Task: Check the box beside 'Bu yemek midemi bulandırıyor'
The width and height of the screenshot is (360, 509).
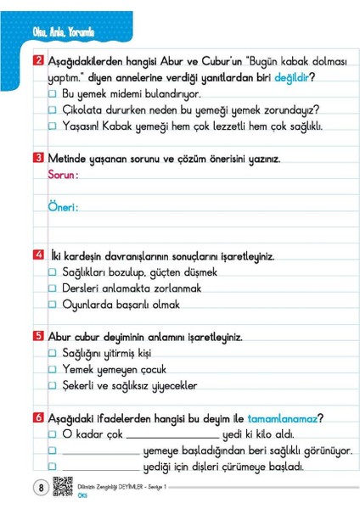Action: [53, 94]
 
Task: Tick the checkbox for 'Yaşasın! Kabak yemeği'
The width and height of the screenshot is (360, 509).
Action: [53, 126]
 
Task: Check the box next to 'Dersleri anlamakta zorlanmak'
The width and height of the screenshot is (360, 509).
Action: [53, 288]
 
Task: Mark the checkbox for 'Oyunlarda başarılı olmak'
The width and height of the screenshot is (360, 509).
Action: [53, 305]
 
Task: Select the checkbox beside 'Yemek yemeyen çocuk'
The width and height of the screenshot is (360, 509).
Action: [53, 370]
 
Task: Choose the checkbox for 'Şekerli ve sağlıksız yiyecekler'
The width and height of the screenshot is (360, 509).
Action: [53, 386]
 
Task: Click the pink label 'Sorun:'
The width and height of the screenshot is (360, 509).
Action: [63, 175]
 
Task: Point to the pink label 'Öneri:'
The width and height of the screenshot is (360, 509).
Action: [63, 207]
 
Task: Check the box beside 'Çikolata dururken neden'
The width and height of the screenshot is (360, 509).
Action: [53, 110]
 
